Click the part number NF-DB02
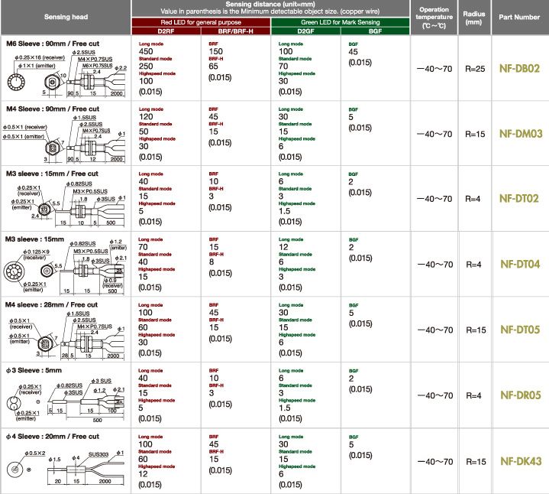tap(520, 69)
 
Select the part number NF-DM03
tap(520, 134)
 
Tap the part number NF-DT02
tap(520, 199)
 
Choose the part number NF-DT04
tap(520, 265)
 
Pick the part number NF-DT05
tap(520, 330)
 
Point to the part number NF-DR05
tap(520, 395)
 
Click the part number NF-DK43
tap(520, 461)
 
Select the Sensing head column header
tap(66, 16)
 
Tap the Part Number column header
tap(520, 16)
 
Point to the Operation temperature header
tap(434, 17)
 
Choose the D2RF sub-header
tap(167, 31)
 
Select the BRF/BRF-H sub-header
tap(237, 31)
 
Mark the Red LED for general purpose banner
tap(202, 22)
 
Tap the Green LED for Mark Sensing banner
tap(341, 22)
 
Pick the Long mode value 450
tap(147, 53)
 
